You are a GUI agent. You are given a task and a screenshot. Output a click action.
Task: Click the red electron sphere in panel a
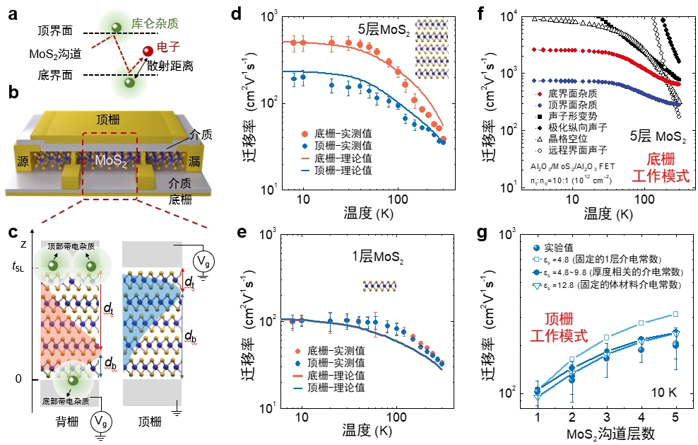coord(148,51)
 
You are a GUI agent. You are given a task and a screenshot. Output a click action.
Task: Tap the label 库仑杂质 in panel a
coord(153,25)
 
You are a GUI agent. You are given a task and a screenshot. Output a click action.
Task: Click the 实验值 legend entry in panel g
coord(554,248)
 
